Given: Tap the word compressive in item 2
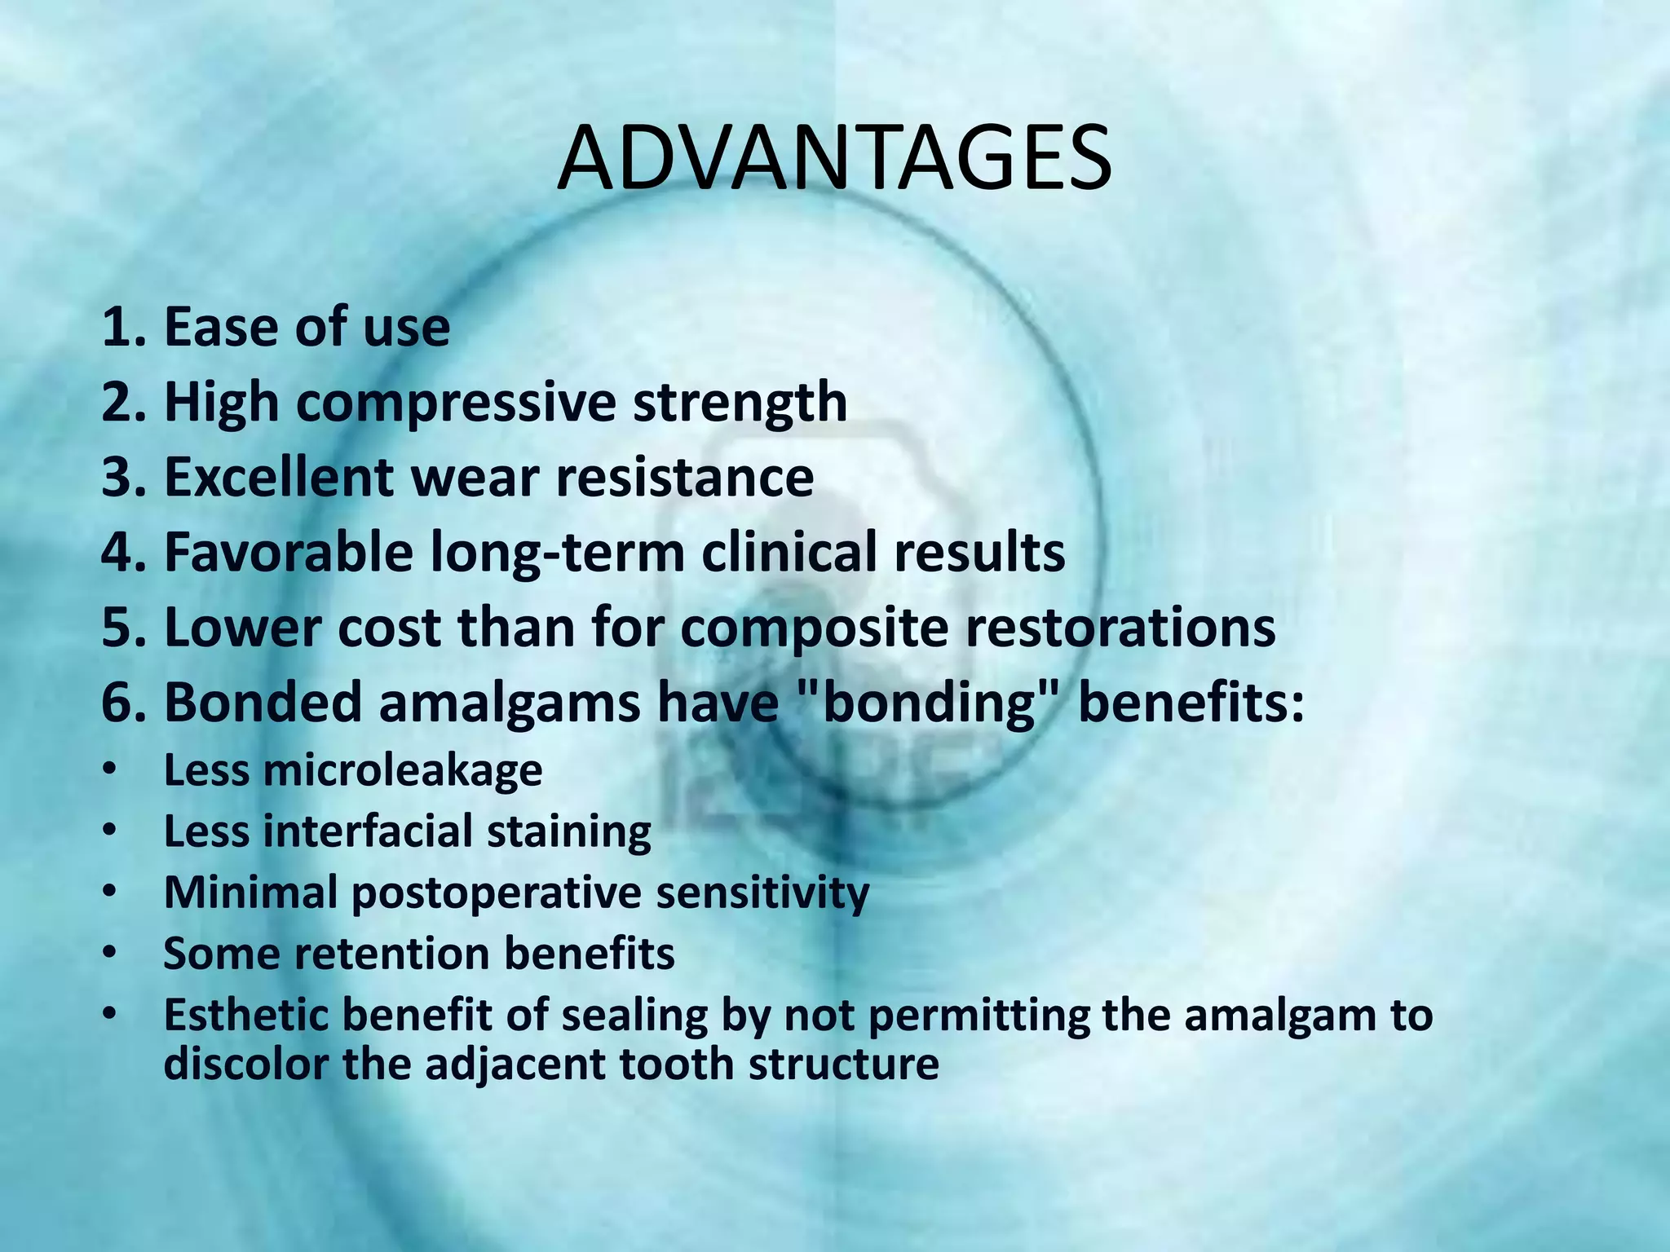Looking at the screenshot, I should (x=455, y=402).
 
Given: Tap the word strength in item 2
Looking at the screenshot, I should (x=740, y=402).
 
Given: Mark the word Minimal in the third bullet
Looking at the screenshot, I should (x=250, y=892).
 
